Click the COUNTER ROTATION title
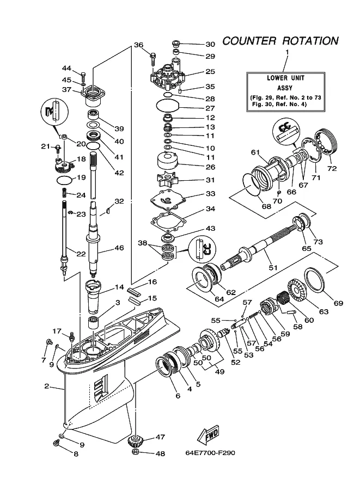click(x=280, y=41)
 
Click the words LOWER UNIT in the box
click(x=285, y=78)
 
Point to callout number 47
click(x=160, y=437)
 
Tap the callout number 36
click(x=138, y=45)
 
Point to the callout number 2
click(x=47, y=386)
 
